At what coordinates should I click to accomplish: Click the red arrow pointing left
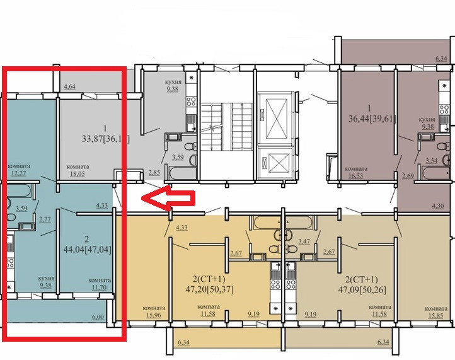166,199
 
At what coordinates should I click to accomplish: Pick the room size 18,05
78,175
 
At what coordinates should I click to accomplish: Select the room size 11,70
100,288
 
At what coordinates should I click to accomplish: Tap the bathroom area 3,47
304,241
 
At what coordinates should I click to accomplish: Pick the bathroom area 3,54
431,161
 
